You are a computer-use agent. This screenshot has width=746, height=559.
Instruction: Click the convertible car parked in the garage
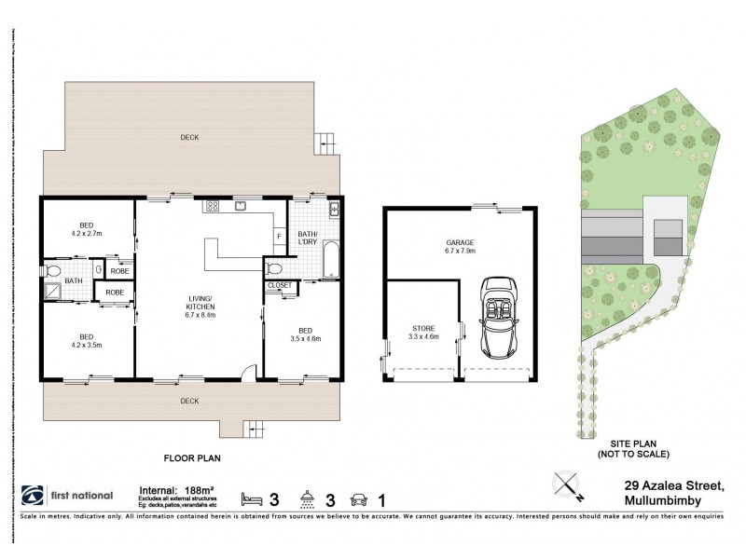tap(497, 320)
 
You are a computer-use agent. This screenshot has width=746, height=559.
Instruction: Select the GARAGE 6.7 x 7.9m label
tap(461, 246)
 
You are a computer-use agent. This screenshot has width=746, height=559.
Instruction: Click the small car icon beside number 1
tap(356, 498)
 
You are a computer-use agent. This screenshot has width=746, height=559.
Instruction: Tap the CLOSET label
tap(279, 285)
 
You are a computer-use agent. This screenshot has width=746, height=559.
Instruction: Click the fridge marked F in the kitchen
tap(278, 237)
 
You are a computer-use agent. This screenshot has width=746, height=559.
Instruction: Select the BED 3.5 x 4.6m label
tap(306, 334)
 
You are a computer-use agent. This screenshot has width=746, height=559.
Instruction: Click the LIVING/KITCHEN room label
tap(200, 302)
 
